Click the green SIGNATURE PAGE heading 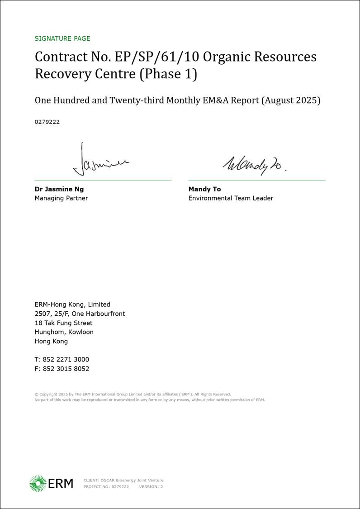(x=62, y=38)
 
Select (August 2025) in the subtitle (x=291, y=100)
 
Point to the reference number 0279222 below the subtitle (x=47, y=122)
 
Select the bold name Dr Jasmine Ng (x=59, y=189)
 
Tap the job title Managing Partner (x=62, y=198)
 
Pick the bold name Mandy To (x=204, y=189)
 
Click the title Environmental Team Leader (x=231, y=198)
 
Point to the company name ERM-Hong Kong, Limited (x=72, y=304)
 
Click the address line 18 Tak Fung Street (x=63, y=323)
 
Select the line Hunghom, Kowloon (x=64, y=332)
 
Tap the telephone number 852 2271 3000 (x=66, y=360)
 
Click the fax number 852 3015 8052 (x=66, y=369)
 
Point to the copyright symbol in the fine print (x=36, y=394)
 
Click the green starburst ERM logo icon (x=38, y=483)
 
